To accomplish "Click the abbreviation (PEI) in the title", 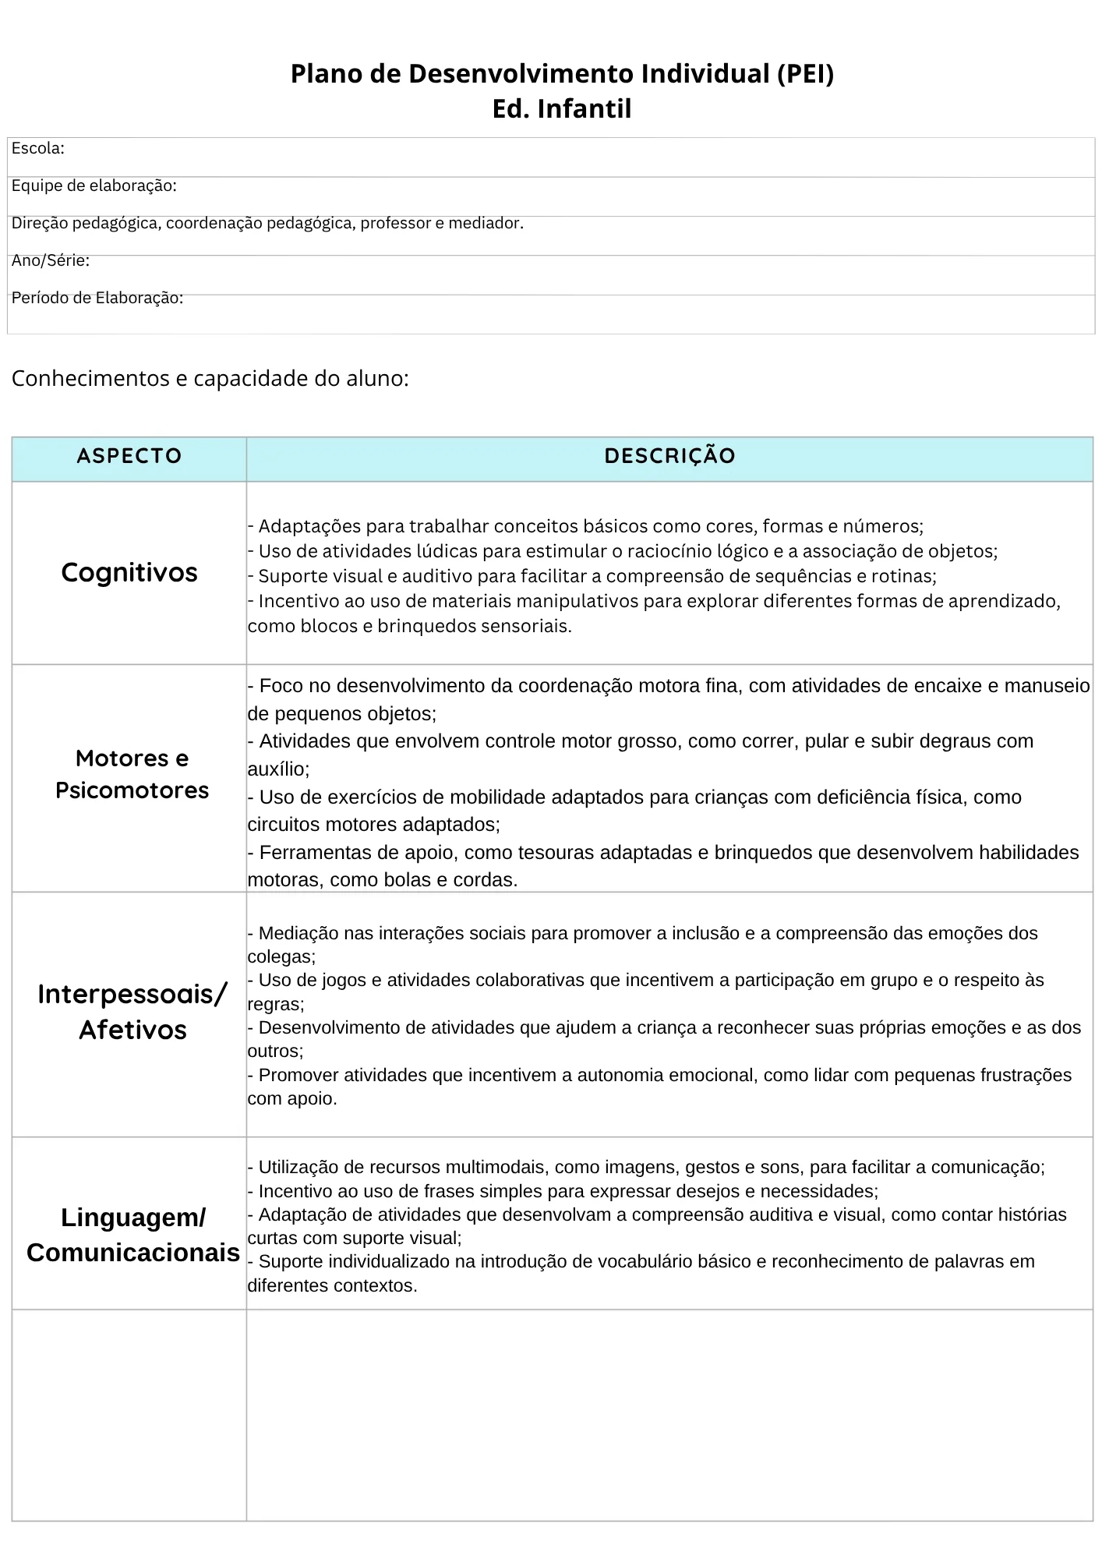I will [805, 74].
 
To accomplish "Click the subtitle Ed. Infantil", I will [561, 108].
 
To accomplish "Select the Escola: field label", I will [38, 149].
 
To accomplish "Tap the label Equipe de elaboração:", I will [94, 186].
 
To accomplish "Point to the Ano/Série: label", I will [51, 261].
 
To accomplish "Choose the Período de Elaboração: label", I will [97, 299].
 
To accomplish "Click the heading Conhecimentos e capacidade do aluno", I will [210, 379].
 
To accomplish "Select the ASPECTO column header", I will [129, 456].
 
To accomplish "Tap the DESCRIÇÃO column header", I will [669, 456].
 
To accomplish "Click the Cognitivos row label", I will [129, 573].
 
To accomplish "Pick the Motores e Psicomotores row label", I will [132, 774].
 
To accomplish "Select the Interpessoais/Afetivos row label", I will [132, 1012].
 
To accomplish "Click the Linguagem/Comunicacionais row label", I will [132, 1235].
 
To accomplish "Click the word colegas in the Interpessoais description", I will [279, 956].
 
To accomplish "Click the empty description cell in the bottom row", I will [669, 1414].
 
